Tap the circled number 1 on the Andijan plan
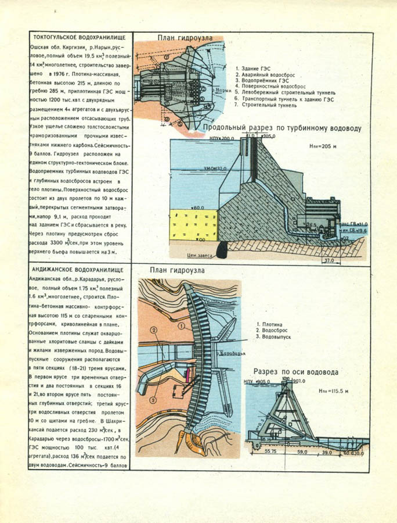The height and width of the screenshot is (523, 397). click(x=181, y=327)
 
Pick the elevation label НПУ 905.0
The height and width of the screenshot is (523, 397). click(x=258, y=382)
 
